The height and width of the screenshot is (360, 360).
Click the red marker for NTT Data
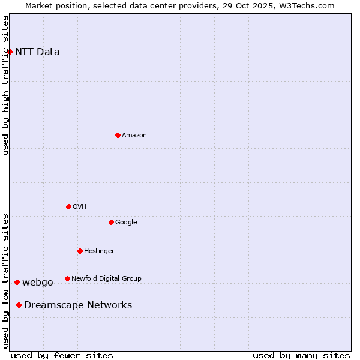pos(10,52)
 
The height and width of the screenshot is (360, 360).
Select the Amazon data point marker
pos(118,135)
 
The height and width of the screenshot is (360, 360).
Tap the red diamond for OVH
pos(68,206)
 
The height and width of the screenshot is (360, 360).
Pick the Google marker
pos(111,222)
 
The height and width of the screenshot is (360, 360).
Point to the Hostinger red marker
pos(80,251)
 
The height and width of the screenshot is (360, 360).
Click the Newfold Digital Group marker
pos(67,278)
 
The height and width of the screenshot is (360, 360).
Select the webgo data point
pos(17,282)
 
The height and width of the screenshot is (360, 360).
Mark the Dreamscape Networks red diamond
pos(19,305)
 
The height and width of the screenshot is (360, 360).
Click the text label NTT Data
pos(37,52)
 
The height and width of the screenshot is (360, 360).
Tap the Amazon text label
pos(134,135)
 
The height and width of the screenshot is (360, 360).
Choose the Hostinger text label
pos(99,251)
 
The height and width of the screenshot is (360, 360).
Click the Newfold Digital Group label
pos(106,278)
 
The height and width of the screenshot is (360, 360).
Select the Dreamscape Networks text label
pos(78,305)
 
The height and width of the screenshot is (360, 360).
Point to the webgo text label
pos(38,282)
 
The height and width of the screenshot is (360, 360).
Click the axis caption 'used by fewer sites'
pos(62,355)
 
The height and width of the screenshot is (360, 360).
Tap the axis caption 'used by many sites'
pos(301,355)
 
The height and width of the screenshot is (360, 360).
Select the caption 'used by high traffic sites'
pos(6,85)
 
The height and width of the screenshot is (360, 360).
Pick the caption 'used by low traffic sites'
pos(6,281)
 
